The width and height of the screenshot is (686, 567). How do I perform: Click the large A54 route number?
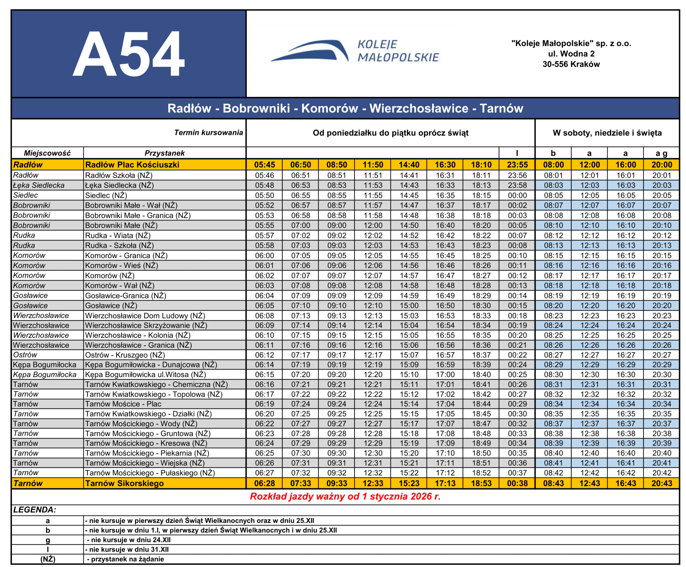pos(128,54)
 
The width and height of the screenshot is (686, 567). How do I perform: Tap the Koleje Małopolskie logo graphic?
pos(310,51)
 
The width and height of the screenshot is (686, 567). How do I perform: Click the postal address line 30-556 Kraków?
pos(571,64)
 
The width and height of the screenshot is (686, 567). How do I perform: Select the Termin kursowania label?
pos(209,133)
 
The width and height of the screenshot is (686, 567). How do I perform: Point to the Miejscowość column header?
pos(47,153)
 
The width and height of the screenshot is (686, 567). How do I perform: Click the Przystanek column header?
pos(164,153)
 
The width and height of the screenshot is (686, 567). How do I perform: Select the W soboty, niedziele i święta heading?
pos(607,133)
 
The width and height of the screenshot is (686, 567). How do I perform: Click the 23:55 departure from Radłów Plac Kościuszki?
pos(517,165)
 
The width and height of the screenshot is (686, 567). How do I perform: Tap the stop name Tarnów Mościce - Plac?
pos(123,404)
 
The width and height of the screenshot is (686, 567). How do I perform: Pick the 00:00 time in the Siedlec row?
pos(517,195)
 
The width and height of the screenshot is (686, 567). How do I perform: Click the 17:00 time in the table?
pos(445,375)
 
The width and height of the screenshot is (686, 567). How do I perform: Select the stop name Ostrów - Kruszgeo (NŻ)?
pos(125,355)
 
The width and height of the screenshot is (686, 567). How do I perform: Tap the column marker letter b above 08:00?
pos(553,153)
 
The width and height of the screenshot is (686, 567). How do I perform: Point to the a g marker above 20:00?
pos(662,153)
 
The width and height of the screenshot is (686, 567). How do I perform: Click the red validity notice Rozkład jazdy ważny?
pos(345,496)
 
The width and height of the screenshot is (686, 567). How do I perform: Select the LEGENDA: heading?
pos(35,510)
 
